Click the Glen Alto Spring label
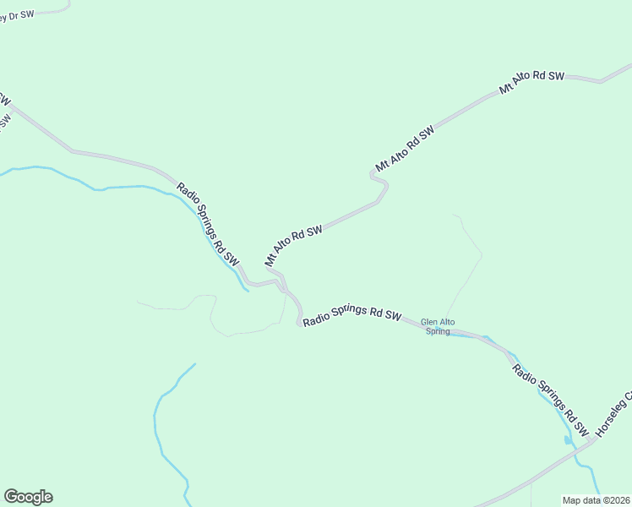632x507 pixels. [x=437, y=326]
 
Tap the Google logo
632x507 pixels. [x=28, y=497]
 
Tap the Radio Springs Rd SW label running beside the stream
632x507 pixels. [x=208, y=224]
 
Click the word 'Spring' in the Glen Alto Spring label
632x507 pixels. [x=438, y=331]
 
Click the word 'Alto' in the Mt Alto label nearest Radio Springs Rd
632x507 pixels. [x=287, y=248]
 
